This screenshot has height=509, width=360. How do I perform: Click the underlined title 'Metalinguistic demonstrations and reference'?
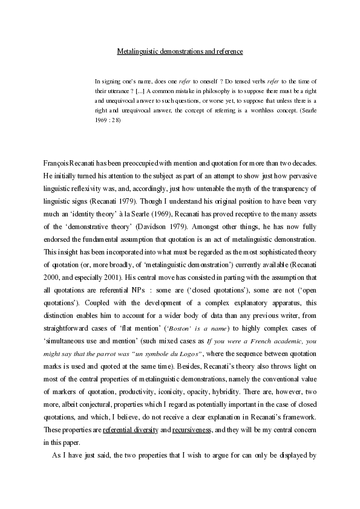click(x=180, y=52)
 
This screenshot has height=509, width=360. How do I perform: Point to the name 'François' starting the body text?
click(x=57, y=164)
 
